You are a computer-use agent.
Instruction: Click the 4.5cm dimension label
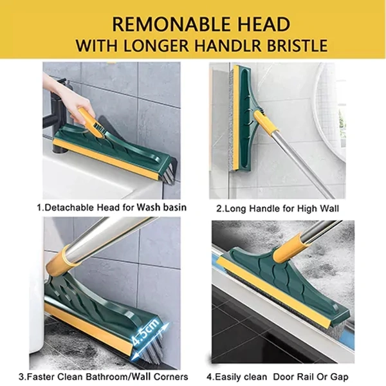[145, 333]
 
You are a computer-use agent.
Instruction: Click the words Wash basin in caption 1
[161, 208]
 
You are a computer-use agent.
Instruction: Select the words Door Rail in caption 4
[295, 377]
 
